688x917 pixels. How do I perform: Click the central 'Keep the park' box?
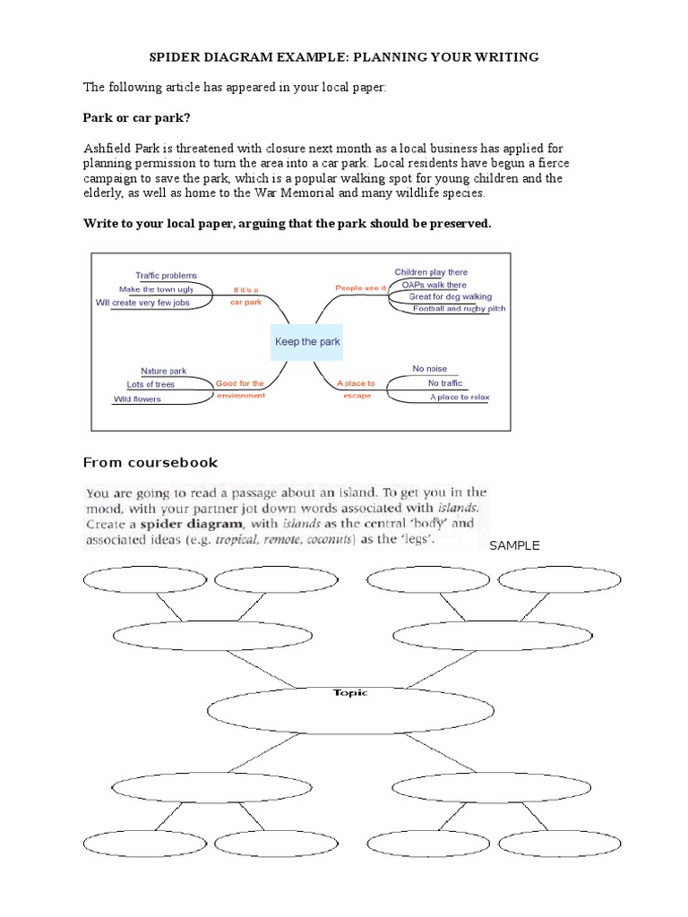(x=307, y=342)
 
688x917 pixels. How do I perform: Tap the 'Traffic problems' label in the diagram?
(x=166, y=276)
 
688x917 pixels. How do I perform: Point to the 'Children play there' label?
(x=431, y=272)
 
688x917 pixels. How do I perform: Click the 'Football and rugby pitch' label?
(x=459, y=309)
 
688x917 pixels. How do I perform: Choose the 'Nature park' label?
(x=163, y=371)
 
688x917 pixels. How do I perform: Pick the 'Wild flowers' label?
(x=137, y=399)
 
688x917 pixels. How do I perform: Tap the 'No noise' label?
(x=429, y=369)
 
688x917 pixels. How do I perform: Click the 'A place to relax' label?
(x=460, y=397)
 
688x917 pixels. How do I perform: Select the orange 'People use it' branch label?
(x=360, y=288)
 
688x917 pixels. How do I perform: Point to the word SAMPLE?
(x=514, y=546)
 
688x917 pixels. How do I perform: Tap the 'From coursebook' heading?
(x=150, y=463)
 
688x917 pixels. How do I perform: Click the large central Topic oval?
(x=350, y=712)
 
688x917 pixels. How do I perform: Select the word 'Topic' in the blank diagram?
(x=350, y=693)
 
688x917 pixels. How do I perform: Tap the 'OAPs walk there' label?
(x=434, y=285)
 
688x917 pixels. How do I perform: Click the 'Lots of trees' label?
(x=150, y=384)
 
